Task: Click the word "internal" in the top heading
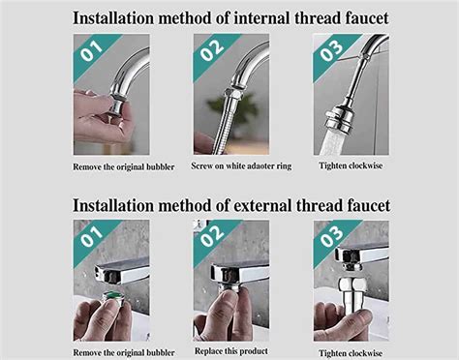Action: point(261,17)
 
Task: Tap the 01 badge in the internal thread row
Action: point(92,51)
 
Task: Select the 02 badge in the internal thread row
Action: point(212,50)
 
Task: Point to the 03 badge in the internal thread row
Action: point(331,50)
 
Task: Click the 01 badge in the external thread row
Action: point(92,237)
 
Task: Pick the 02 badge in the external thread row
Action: point(212,236)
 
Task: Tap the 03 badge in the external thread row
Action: point(331,236)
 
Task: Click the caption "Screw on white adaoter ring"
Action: point(241,165)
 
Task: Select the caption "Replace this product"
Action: point(231,351)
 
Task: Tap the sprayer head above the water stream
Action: point(339,117)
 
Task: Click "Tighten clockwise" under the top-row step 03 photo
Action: point(351,165)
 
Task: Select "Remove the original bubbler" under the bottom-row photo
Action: point(124,352)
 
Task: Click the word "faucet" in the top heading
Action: point(366,17)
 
